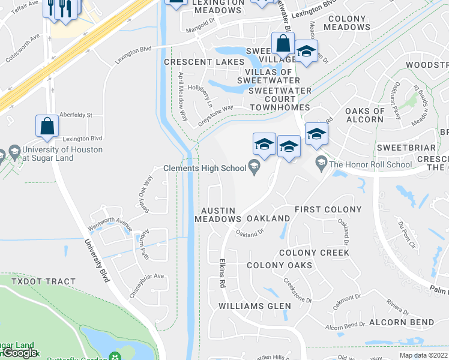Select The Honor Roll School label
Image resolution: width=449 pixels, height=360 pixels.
tap(370, 164)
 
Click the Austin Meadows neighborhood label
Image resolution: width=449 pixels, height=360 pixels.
tap(217, 215)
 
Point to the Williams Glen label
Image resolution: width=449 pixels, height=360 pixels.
tap(255, 306)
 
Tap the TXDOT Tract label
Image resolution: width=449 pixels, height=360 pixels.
tap(38, 281)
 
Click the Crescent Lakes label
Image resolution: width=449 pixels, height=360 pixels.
tap(204, 62)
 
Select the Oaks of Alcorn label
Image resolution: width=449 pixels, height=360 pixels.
tap(364, 115)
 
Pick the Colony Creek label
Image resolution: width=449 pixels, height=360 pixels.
tap(314, 253)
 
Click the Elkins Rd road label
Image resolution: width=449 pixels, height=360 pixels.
tap(221, 272)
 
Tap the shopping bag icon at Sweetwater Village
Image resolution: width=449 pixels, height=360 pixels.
tap(282, 44)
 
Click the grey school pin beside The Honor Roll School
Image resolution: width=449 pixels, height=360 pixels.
tap(322, 162)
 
